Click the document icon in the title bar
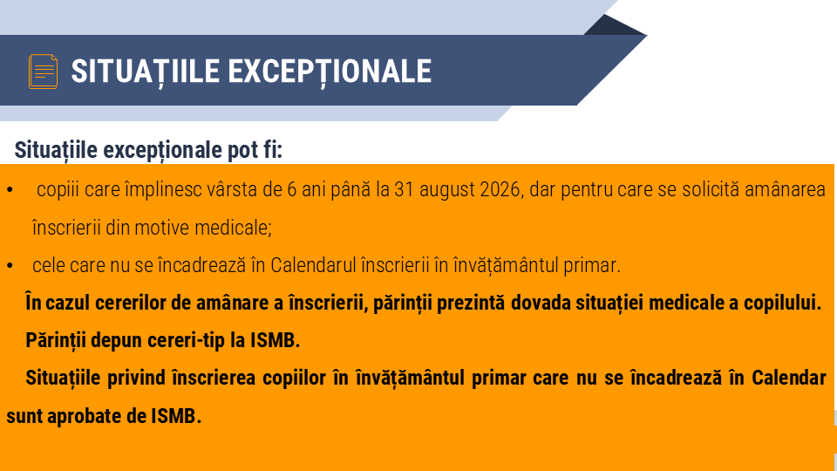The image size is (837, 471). (x=44, y=71)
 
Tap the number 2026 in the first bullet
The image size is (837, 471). (x=500, y=190)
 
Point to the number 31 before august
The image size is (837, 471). (x=404, y=190)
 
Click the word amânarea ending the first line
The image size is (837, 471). (x=785, y=190)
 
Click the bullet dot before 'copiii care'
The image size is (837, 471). (x=9, y=190)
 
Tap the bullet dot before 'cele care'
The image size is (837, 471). (x=9, y=265)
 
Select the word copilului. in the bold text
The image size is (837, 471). (x=780, y=303)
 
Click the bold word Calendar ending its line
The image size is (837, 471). (x=788, y=379)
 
